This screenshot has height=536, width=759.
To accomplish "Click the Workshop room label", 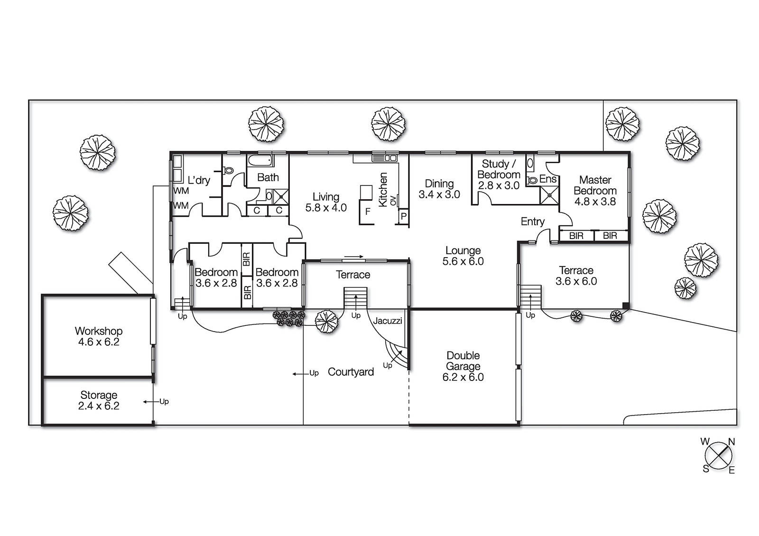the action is [x=99, y=336].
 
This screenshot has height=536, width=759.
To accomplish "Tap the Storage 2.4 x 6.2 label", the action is [x=99, y=400].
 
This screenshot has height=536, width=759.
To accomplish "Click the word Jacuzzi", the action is [x=387, y=321].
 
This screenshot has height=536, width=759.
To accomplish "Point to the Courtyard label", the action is [x=351, y=372].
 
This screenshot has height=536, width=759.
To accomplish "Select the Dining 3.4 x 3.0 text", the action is [x=439, y=189].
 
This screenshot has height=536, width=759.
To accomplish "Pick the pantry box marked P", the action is [x=403, y=216].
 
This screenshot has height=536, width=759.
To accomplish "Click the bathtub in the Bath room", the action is [x=260, y=160].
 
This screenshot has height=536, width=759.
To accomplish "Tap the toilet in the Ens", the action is [x=532, y=181].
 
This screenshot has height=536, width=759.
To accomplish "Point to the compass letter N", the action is [x=731, y=442].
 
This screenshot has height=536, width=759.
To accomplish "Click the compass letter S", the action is [x=706, y=469].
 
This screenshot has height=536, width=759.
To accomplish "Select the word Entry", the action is [x=533, y=222].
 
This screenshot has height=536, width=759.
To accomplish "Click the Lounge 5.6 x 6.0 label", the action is [x=463, y=256].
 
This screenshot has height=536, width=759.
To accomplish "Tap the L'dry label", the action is [x=199, y=180].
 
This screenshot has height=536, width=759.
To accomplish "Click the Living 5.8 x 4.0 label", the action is [x=326, y=202].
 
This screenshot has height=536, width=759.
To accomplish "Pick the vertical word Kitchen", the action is [x=382, y=190].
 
